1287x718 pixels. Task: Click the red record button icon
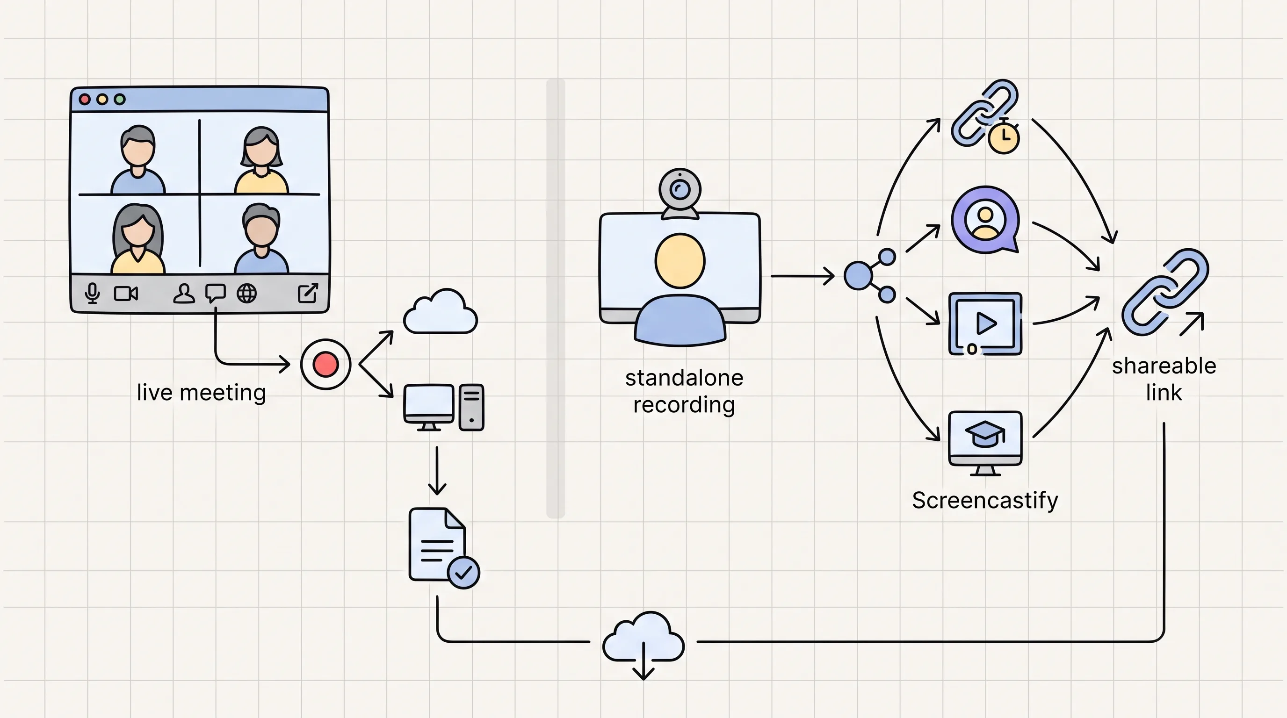click(326, 365)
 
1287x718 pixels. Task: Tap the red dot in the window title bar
click(85, 100)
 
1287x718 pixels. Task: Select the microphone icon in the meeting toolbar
click(92, 293)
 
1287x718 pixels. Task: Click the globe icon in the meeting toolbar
click(247, 294)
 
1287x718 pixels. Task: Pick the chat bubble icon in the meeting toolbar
click(215, 293)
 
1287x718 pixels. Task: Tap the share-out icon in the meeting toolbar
click(308, 293)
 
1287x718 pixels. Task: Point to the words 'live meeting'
click(202, 393)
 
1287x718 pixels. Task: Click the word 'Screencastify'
click(985, 500)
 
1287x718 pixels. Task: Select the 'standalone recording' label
click(684, 391)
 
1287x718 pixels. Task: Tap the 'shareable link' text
click(1164, 380)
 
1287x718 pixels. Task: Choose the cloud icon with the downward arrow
click(643, 645)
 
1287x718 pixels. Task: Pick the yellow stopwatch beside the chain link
click(1004, 136)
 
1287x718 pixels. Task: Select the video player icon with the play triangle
click(985, 324)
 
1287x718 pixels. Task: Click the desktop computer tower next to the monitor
click(471, 407)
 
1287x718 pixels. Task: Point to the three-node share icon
click(870, 276)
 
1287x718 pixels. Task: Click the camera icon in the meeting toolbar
click(126, 294)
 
